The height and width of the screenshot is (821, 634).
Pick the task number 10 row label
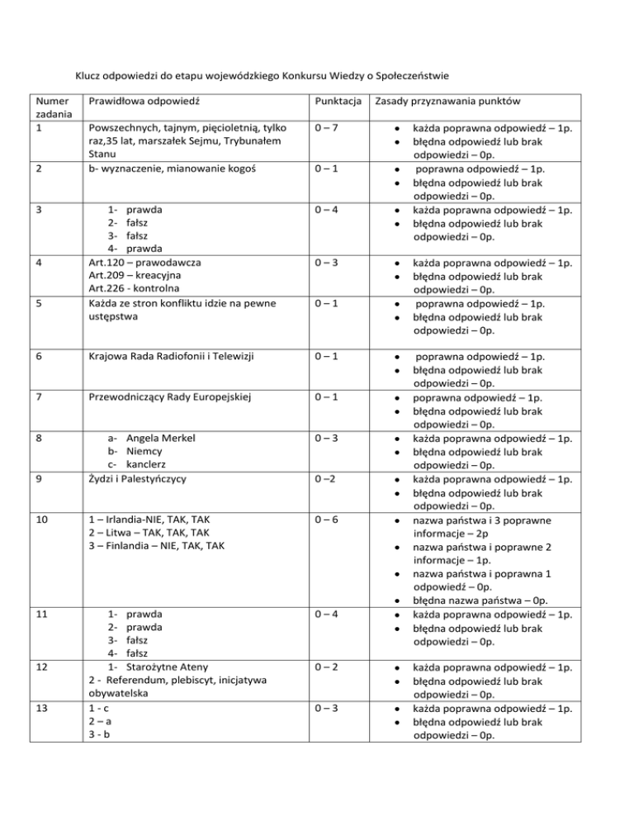[x=39, y=519]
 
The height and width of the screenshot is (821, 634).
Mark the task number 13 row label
[x=39, y=706]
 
